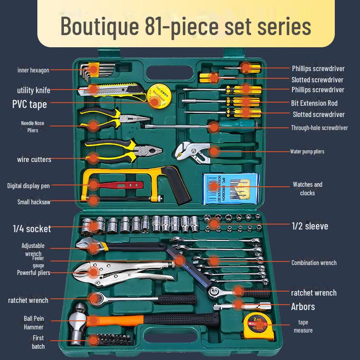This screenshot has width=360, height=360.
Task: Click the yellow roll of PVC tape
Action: pyautogui.click(x=159, y=95)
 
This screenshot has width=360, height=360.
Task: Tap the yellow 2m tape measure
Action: pyautogui.click(x=259, y=325)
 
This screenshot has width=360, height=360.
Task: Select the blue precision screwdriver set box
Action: pyautogui.click(x=231, y=189)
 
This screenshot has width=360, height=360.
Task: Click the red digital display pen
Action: pyautogui.click(x=119, y=185)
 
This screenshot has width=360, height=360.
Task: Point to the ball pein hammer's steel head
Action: pyautogui.click(x=77, y=324)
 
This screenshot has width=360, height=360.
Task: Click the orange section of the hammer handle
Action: pyautogui.click(x=115, y=320)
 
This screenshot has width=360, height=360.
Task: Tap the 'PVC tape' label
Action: pyautogui.click(x=30, y=104)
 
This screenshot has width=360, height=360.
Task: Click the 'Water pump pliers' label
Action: pyautogui.click(x=307, y=152)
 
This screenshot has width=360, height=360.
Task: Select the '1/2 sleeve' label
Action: pyautogui.click(x=310, y=226)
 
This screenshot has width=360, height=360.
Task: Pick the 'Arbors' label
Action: pyautogui.click(x=303, y=307)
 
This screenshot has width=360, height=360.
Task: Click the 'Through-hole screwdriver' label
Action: pyautogui.click(x=319, y=128)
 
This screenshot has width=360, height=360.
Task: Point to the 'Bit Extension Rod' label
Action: pyautogui.click(x=314, y=103)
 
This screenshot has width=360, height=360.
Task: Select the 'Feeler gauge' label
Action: pyautogui.click(x=38, y=262)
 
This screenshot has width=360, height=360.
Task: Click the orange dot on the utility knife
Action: pyautogui.click(x=93, y=89)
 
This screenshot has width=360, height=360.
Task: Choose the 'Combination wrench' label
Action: pyautogui.click(x=314, y=263)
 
